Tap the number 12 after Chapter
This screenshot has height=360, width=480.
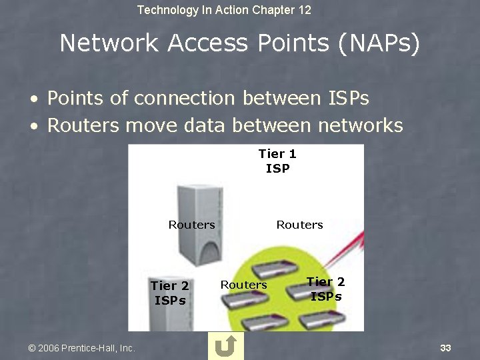coord(304,10)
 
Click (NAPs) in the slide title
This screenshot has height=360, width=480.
coord(378,43)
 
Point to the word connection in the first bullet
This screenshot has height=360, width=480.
coord(185,99)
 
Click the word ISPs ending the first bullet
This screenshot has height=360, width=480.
coord(349,99)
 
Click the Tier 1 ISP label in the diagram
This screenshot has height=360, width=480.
coord(277,161)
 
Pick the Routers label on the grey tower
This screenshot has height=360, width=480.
coord(191,225)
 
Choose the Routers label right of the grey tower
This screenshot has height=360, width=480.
coord(299,225)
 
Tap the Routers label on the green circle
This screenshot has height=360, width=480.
coord(243,285)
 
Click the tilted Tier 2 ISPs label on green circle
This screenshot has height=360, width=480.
coord(326,289)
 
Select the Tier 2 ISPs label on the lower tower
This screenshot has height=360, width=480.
coord(170,293)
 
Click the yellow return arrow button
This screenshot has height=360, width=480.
coord(225,346)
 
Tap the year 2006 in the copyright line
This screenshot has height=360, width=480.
coord(49,348)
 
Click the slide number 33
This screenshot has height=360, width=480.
coord(446,348)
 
